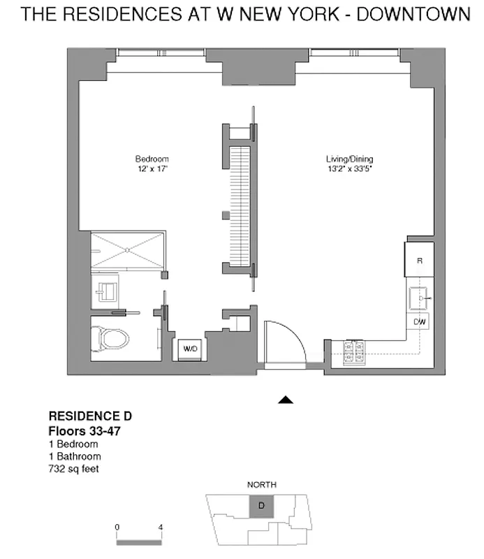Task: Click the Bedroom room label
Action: pyautogui.click(x=152, y=159)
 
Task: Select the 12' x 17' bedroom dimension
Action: pyautogui.click(x=152, y=168)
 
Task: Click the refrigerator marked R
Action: pyautogui.click(x=419, y=260)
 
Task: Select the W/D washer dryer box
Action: pyautogui.click(x=190, y=347)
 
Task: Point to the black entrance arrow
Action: pyautogui.click(x=285, y=400)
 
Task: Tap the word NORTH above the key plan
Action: pyautogui.click(x=261, y=484)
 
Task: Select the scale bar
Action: pyautogui.click(x=139, y=540)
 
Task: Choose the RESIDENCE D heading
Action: pyautogui.click(x=89, y=417)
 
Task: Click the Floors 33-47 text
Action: pyautogui.click(x=82, y=430)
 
